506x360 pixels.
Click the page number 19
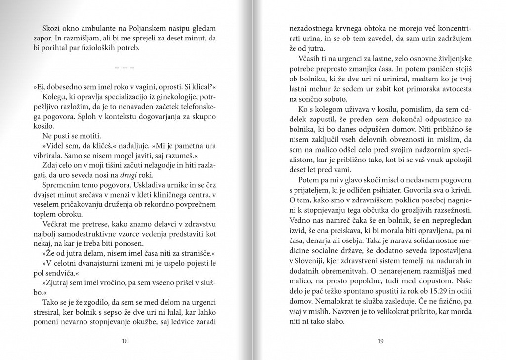[380, 340]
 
